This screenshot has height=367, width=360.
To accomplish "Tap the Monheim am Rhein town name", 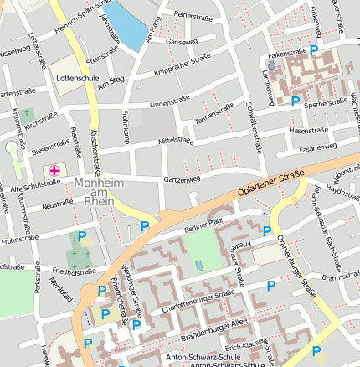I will click(x=104, y=195).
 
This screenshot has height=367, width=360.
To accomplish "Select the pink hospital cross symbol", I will click(x=54, y=171).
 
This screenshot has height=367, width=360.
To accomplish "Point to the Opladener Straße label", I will click(x=270, y=182).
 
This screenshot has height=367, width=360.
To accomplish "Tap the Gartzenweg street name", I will click(x=182, y=179).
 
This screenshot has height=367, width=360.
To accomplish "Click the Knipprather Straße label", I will click(x=183, y=65).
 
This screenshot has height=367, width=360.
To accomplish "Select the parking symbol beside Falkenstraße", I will click(x=314, y=51).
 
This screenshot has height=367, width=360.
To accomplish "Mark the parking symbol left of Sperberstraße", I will click(x=295, y=101).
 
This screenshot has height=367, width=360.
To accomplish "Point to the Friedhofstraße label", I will click(x=75, y=271).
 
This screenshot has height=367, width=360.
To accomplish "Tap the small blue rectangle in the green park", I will click(x=198, y=266).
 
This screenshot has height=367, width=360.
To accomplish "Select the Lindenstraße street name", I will click(x=166, y=104).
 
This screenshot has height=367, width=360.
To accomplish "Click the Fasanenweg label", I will click(x=317, y=147).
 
